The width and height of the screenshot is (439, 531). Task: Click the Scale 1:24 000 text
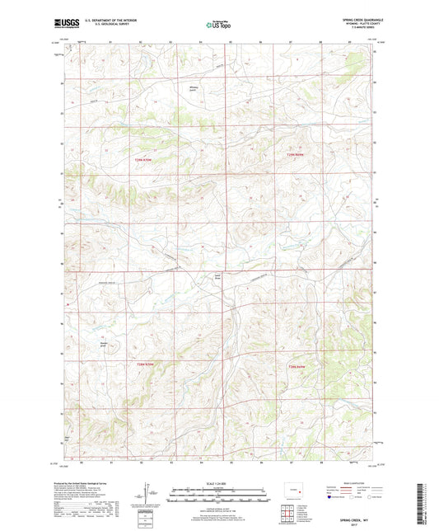(x=218, y=482)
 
